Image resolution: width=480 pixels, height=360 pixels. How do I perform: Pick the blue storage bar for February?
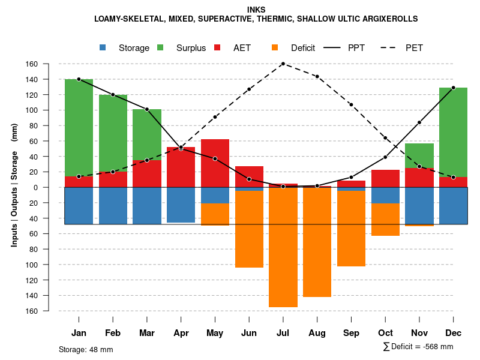coord(113,206)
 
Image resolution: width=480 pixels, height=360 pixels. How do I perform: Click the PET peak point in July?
coord(283,64)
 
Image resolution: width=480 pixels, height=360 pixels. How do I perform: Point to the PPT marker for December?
coord(453,88)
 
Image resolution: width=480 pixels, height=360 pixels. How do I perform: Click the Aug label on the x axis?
coord(317,333)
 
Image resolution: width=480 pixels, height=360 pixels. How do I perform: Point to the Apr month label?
coord(181,333)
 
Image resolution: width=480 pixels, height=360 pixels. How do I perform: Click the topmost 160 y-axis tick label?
coord(49,64)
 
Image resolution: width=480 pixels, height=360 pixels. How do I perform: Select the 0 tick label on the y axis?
coord(52,187)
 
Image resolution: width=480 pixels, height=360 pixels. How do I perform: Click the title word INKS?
coord(256,10)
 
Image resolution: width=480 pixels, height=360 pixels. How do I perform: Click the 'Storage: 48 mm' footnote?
coord(86,349)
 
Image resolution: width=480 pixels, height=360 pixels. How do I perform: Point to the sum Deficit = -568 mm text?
coord(418,347)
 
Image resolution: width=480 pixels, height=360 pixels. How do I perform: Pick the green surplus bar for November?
coord(419,155)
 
